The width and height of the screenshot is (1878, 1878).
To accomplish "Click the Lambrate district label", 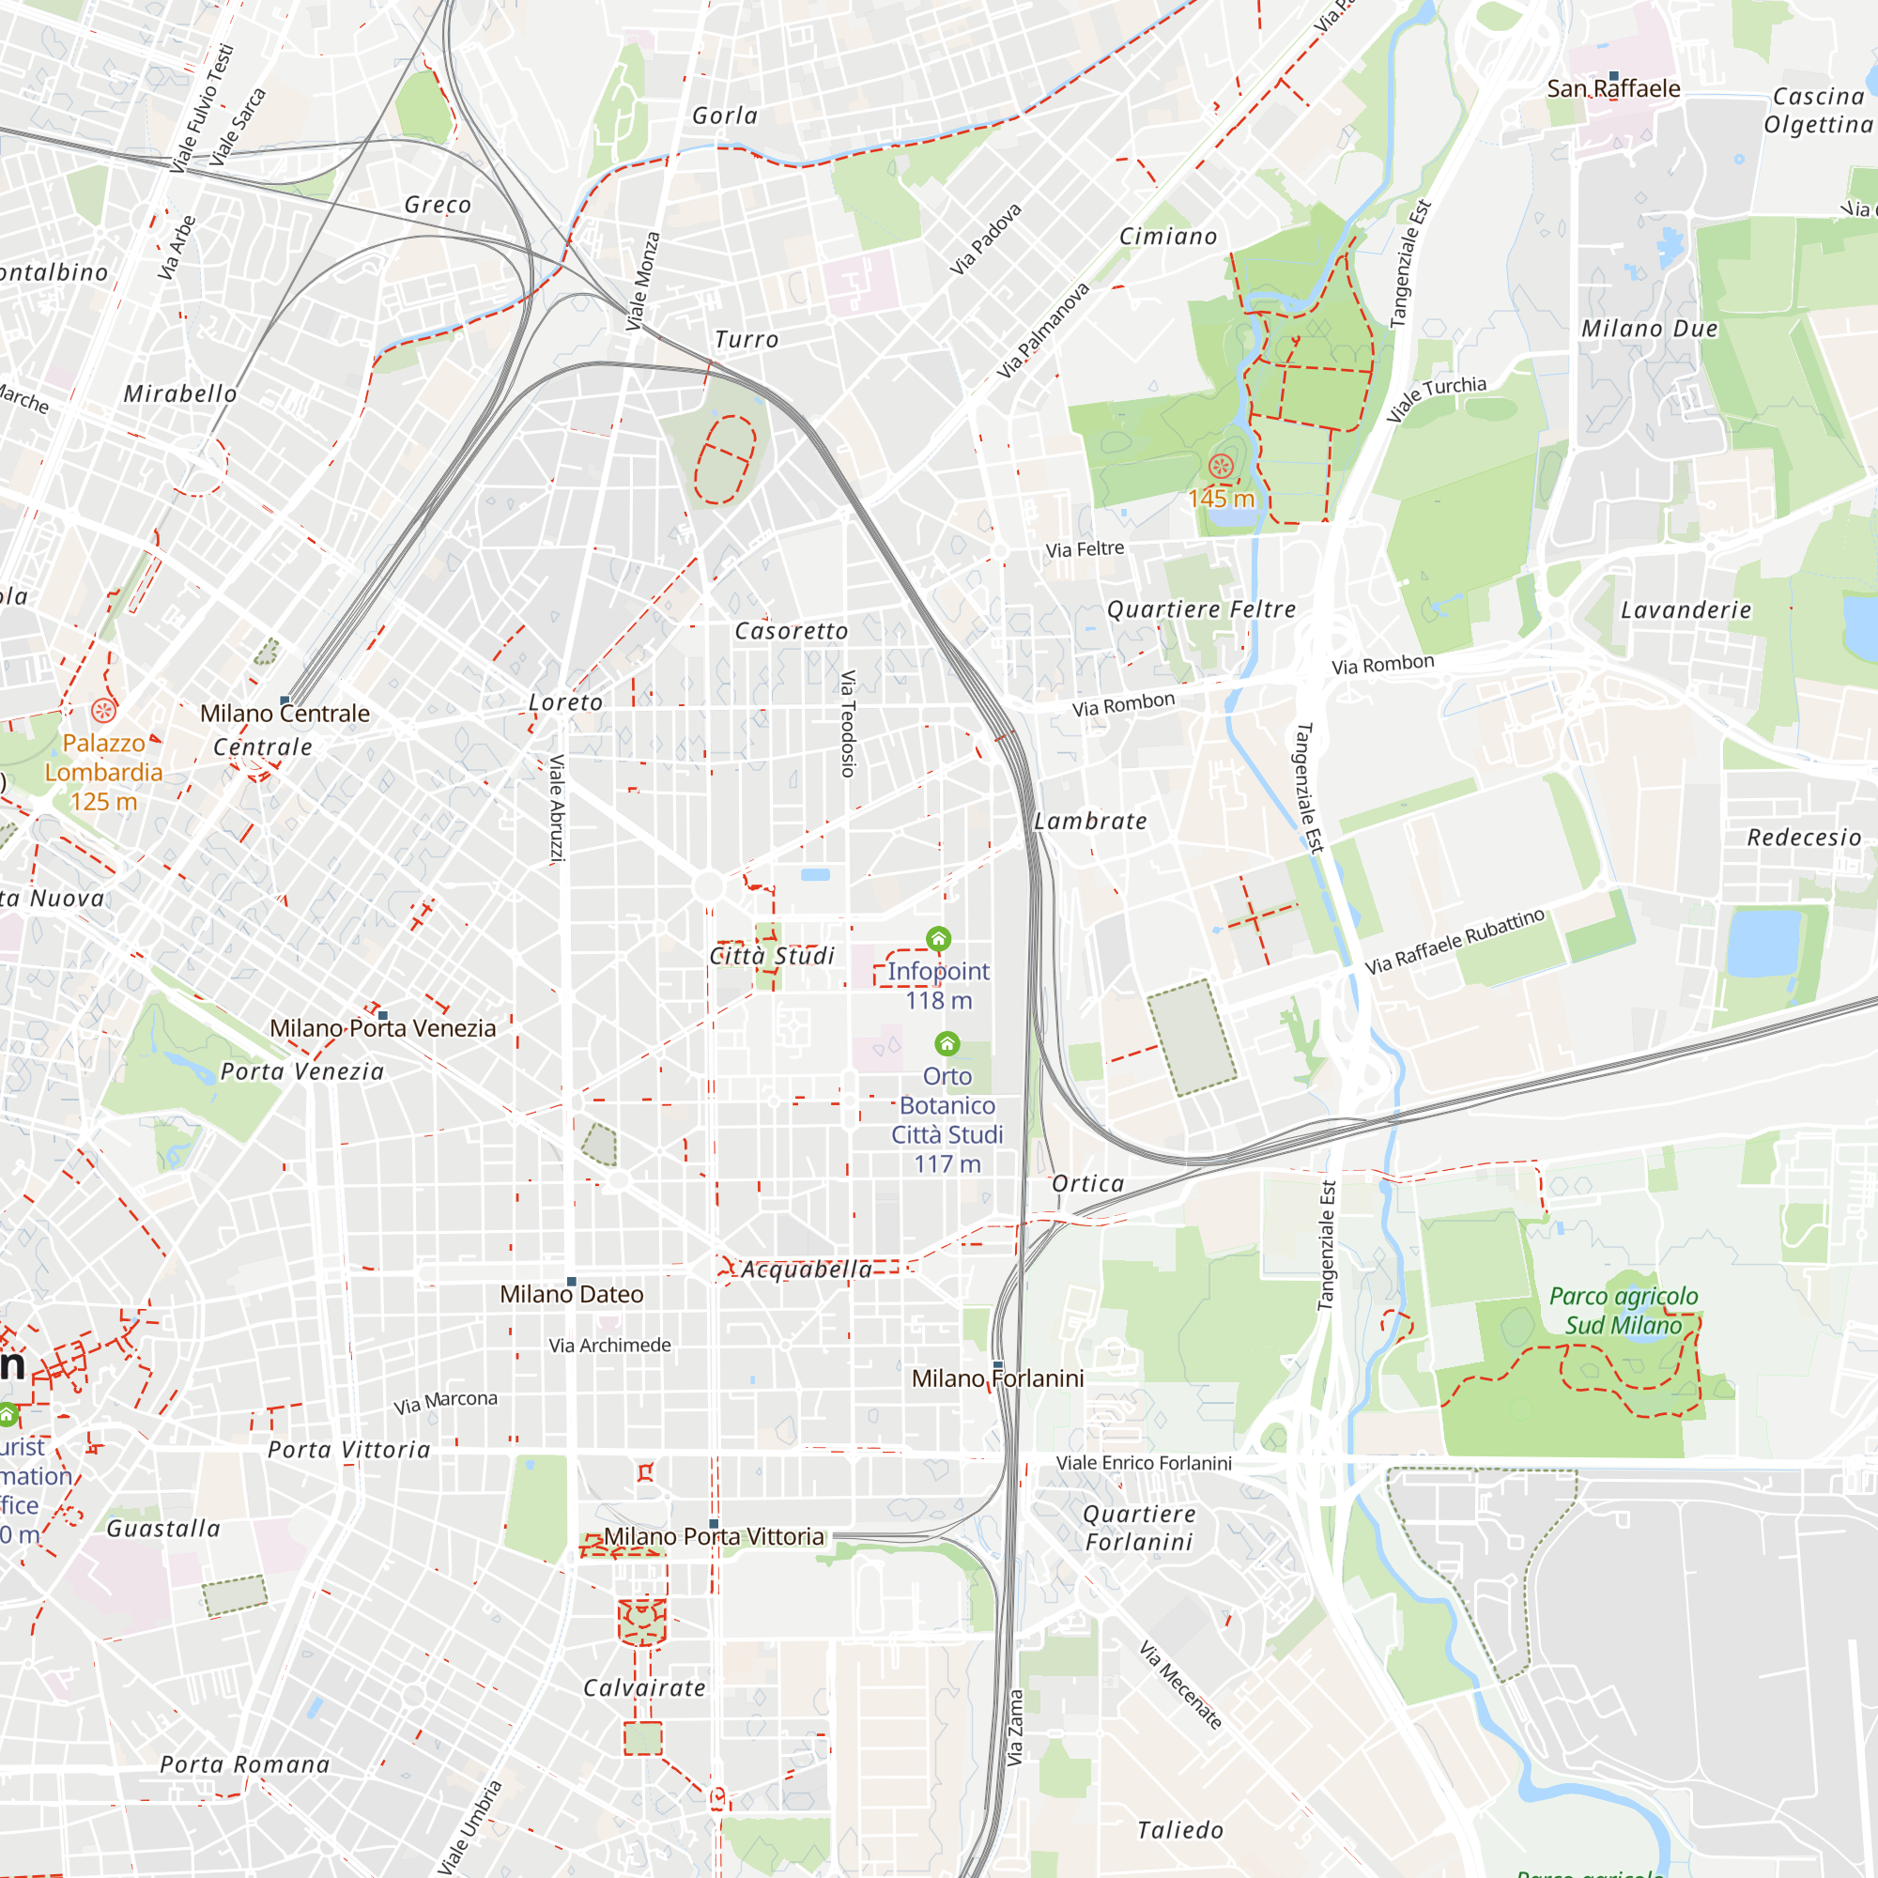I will pos(1089,822).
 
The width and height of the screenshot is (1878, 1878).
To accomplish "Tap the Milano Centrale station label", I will pos(285,714).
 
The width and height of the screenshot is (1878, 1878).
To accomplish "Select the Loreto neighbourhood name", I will pos(564,701).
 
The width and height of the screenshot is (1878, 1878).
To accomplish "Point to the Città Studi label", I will pos(772,956).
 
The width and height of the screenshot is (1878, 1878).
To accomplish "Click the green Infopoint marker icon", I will pos(938,939).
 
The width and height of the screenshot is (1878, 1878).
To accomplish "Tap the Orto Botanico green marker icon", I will pos(947,1044).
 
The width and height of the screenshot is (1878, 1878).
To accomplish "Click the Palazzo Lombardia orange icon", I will pos(104,711).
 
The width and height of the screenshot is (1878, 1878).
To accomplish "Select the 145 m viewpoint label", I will pos(1221,499).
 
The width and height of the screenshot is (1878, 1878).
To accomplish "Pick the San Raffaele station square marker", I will pos(1613,76).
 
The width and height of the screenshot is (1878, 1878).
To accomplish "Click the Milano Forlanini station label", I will pos(997,1378).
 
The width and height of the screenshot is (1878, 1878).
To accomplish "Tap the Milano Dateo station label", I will pos(572,1295).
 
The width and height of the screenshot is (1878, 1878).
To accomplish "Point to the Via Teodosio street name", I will pos(848,723).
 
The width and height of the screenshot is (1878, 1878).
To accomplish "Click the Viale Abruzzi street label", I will pos(557,808).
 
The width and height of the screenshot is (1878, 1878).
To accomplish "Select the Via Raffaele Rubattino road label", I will pos(1455,941).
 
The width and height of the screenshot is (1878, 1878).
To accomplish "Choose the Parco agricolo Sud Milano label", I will pos(1623,1310).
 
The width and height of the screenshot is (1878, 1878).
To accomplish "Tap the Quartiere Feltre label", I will pos(1202,609).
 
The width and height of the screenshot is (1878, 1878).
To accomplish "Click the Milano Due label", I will pos(1650,329).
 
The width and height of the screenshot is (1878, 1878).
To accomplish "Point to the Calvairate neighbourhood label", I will pos(643,1688).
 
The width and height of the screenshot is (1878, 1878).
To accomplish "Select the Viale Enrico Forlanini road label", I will pos(1143,1463).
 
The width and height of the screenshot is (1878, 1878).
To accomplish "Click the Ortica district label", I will pos(1087,1184).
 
